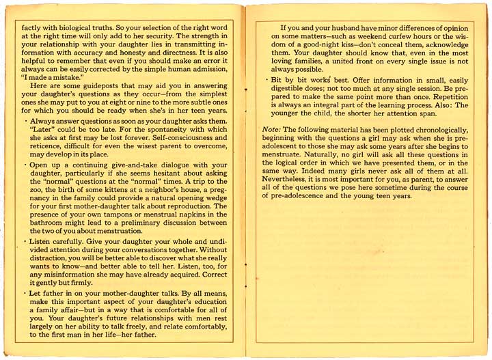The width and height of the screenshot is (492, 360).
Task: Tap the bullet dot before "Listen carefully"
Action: (24, 241)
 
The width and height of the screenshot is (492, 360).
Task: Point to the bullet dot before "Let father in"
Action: (24, 292)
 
